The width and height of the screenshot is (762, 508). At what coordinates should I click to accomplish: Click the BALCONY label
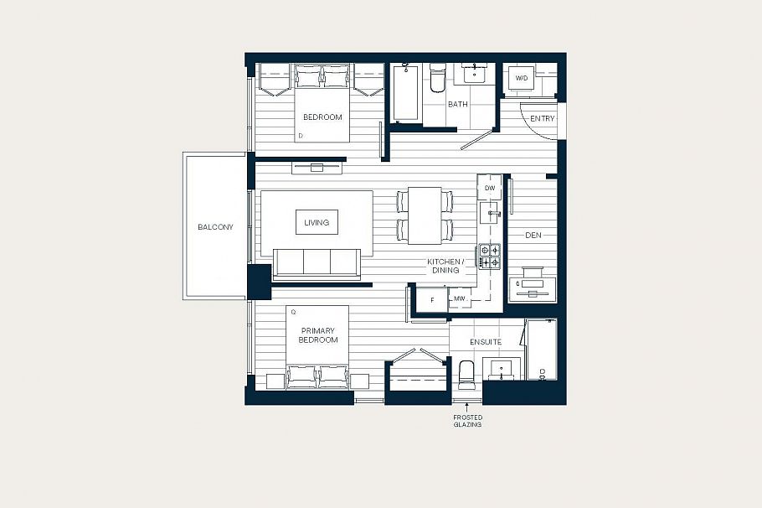tap(215, 227)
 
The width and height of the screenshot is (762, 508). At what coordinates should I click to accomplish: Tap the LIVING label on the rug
tap(317, 222)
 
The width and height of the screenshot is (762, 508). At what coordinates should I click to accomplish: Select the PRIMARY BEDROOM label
tap(318, 335)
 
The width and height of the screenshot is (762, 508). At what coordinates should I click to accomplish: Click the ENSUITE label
tap(486, 342)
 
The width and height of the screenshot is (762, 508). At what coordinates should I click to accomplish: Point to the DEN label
tap(533, 236)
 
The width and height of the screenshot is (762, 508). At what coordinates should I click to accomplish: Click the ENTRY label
tap(542, 119)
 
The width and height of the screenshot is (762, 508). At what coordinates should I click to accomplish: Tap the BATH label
tap(458, 105)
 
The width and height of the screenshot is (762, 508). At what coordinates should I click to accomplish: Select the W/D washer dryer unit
tap(522, 79)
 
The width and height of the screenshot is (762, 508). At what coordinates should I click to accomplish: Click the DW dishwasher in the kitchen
tap(490, 189)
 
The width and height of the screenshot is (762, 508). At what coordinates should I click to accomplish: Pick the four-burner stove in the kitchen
tap(490, 256)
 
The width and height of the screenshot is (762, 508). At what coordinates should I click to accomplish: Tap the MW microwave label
tap(459, 298)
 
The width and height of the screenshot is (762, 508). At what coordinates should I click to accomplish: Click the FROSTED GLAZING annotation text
tap(468, 421)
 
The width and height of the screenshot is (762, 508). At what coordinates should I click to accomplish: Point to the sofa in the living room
tap(317, 262)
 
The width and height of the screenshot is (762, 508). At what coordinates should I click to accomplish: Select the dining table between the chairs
tap(425, 215)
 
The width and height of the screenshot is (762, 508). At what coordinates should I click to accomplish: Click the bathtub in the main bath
tap(407, 92)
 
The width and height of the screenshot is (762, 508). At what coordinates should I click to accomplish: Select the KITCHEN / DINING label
tap(444, 266)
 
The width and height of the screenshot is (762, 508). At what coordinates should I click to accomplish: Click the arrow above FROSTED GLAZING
tap(467, 406)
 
